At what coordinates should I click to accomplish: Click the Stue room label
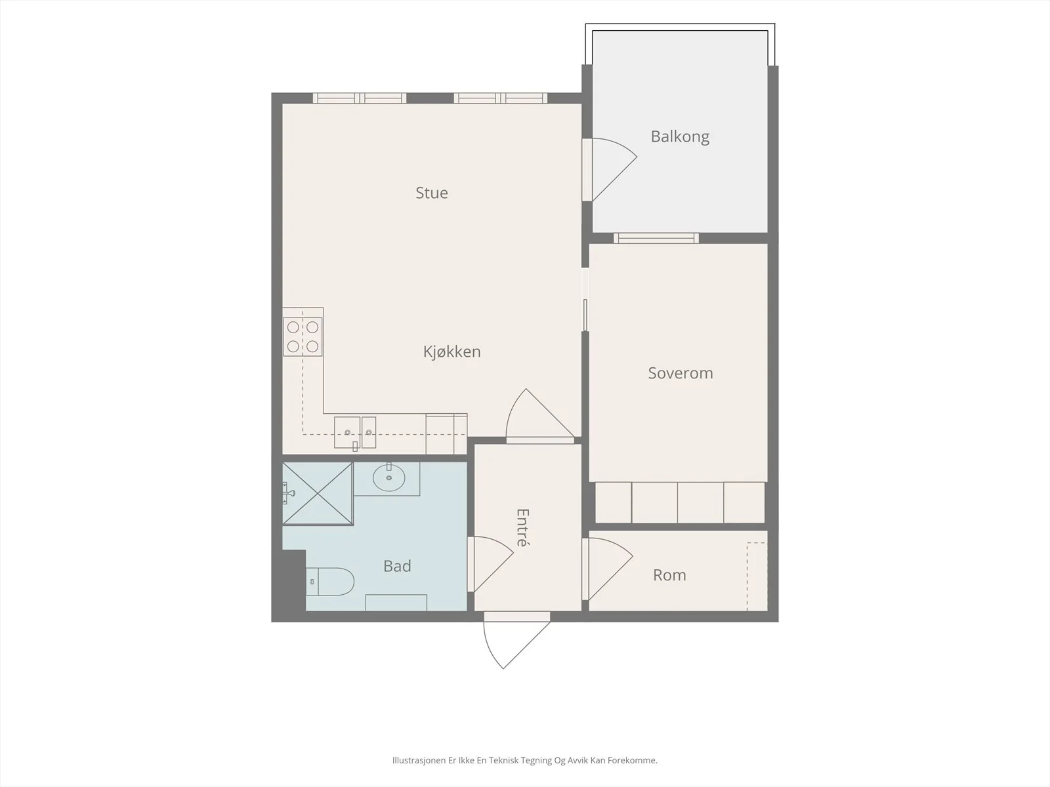point(431,193)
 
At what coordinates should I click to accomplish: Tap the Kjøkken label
point(451,352)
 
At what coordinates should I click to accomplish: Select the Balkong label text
point(680,137)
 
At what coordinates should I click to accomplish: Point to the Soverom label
point(681,373)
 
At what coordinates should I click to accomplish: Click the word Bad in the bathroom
point(397,566)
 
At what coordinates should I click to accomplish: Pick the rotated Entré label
point(523,527)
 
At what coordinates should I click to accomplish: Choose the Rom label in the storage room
point(669,575)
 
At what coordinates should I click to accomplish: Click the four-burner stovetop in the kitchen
point(303,336)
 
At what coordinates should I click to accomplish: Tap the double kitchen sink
point(355,432)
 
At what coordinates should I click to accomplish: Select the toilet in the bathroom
point(329,582)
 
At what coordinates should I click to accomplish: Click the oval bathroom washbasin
point(389,477)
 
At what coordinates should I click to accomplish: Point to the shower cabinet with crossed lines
point(318,493)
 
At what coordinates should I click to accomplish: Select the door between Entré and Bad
point(493,564)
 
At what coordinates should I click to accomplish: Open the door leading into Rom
point(610,569)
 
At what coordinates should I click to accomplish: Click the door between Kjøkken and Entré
point(541,414)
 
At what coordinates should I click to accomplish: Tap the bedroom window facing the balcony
point(656,238)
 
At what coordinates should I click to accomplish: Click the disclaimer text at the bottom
point(525,760)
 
